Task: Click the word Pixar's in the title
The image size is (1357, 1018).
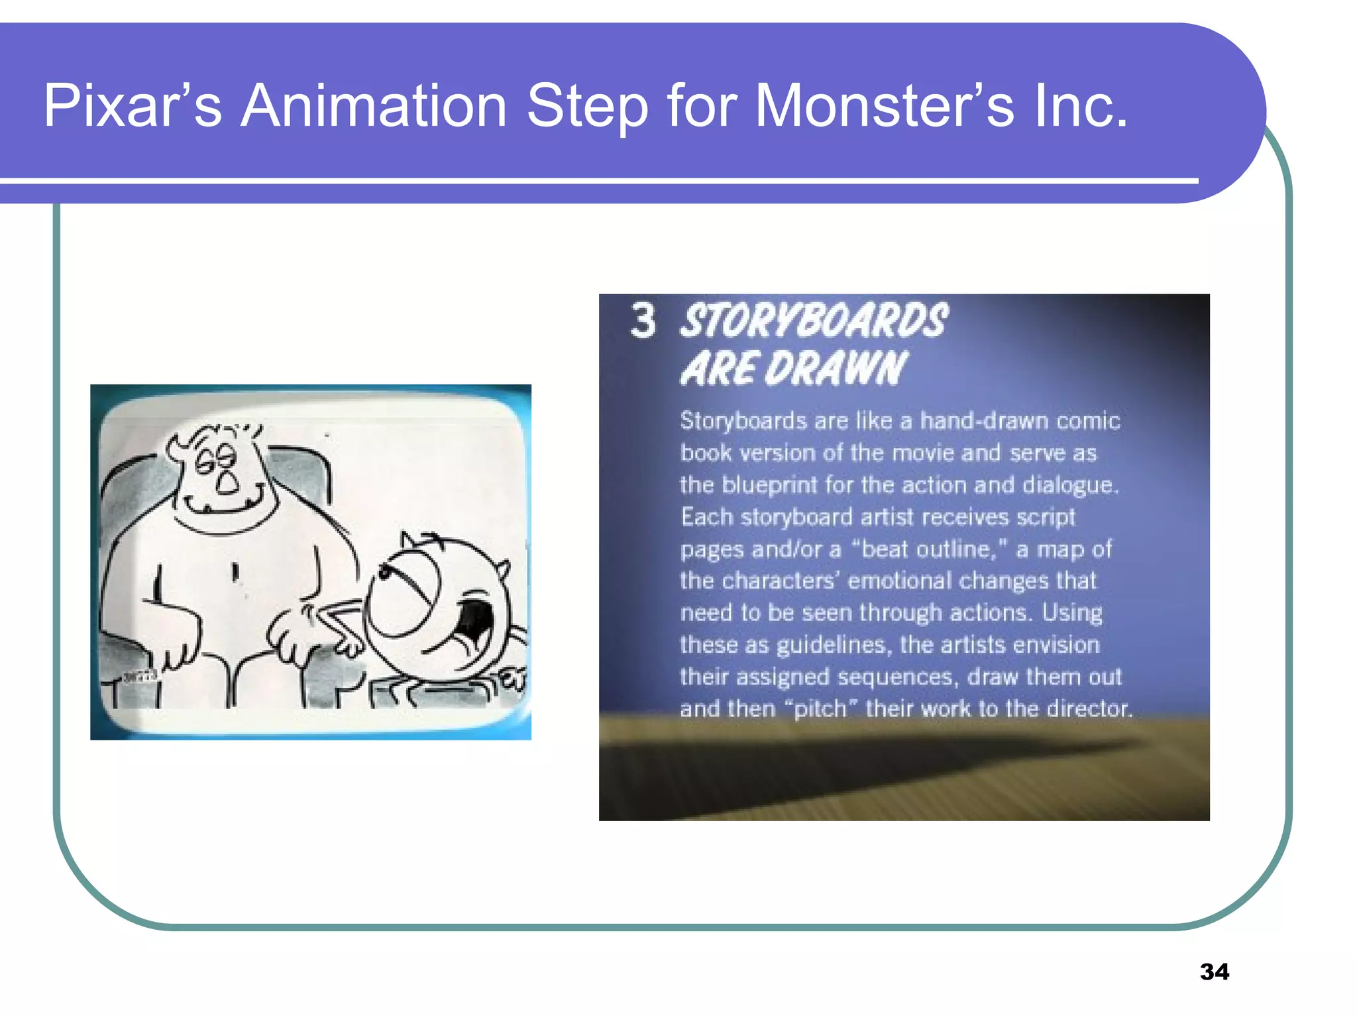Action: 133,106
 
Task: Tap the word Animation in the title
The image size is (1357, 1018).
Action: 374,106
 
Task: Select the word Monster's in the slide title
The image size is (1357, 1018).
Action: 885,106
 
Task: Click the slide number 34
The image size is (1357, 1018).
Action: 1214,972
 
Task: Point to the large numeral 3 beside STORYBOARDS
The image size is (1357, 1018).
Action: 643,321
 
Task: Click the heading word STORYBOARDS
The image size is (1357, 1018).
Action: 814,321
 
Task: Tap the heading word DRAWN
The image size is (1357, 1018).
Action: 835,368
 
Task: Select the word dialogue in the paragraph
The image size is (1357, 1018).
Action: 1069,485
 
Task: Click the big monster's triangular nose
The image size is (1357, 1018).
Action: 227,485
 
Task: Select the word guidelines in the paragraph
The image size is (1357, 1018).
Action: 831,645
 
